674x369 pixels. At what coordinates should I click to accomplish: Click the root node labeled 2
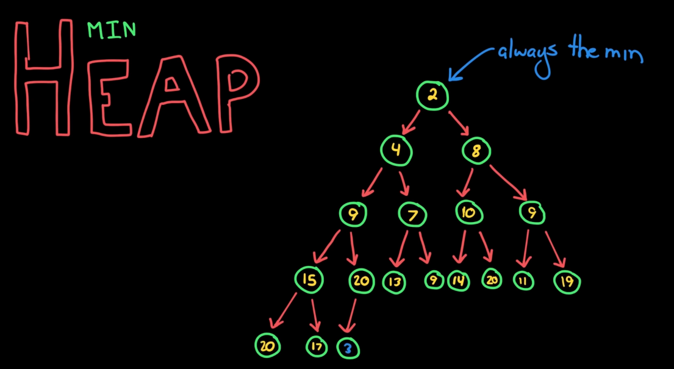point(432,96)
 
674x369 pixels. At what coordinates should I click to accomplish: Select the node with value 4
point(396,150)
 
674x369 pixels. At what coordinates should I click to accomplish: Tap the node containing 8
point(476,152)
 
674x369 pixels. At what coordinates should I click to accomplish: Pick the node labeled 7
point(413,215)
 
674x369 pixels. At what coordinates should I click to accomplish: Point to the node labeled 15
point(309,279)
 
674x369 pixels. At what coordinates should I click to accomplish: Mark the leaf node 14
point(458,281)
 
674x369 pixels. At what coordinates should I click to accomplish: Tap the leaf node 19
point(567,282)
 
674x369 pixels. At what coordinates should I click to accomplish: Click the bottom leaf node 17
point(316,346)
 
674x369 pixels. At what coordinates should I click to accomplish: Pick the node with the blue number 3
point(348,348)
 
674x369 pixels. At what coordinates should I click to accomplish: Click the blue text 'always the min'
point(570,52)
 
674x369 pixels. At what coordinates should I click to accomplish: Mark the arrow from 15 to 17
point(314,315)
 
